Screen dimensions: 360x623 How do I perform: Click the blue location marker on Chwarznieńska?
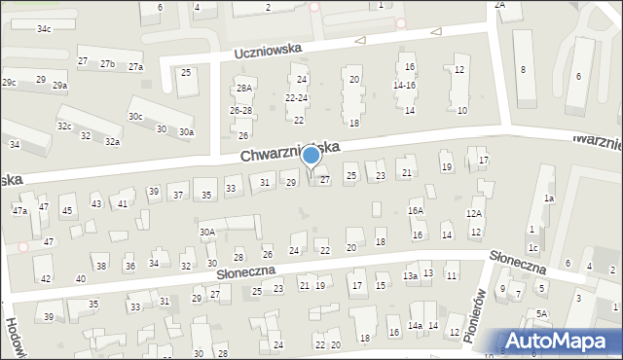click(311, 155)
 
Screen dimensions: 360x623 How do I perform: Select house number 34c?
click(44, 29)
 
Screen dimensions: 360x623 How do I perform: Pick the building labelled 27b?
click(107, 64)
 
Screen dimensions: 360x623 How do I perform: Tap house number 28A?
click(244, 89)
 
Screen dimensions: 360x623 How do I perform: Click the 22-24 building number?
click(296, 98)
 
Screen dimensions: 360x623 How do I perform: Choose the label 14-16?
click(404, 86)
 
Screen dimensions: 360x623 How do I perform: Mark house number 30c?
click(135, 117)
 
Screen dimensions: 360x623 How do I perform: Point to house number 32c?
click(64, 126)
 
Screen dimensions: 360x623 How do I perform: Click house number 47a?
click(19, 210)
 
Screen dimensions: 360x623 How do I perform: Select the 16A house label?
click(416, 210)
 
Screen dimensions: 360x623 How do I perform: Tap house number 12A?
click(474, 213)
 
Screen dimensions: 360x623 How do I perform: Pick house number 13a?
click(411, 276)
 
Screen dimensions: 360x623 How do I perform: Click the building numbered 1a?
click(549, 198)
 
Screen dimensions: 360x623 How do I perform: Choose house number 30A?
click(207, 232)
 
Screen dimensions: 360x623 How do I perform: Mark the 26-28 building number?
click(240, 111)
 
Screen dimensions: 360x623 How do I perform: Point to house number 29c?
click(9, 83)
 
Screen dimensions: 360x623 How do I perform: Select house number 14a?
click(415, 325)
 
